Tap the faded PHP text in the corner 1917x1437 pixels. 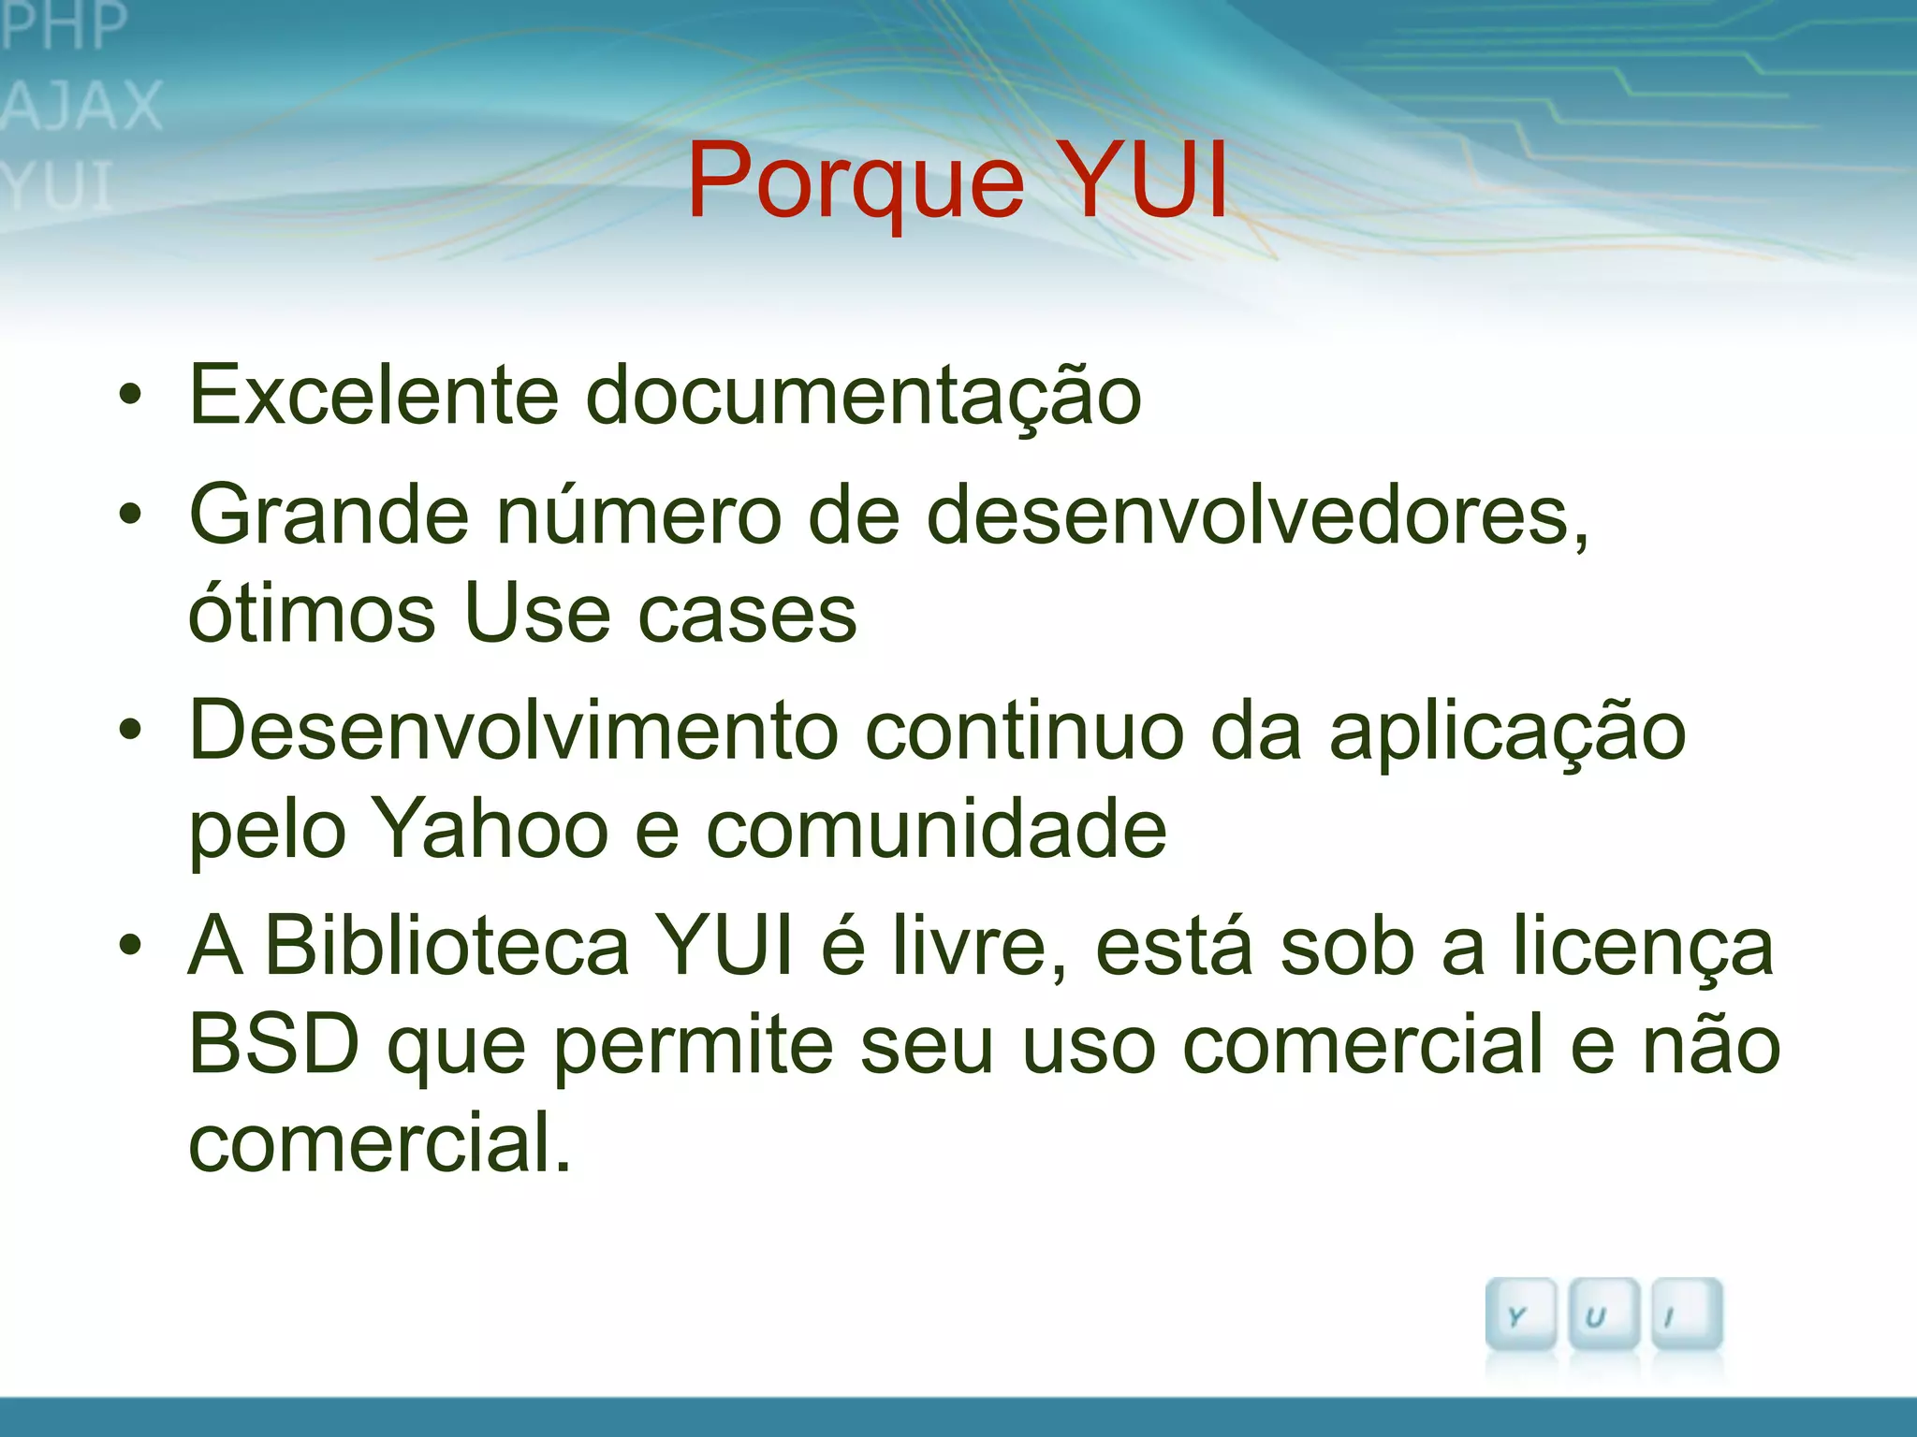[64, 26]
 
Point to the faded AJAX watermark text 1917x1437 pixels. [82, 105]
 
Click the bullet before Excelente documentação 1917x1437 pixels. [131, 396]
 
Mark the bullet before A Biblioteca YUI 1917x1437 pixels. [131, 946]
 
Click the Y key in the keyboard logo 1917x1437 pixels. [1518, 1314]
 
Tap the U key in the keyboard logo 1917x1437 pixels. [1602, 1314]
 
